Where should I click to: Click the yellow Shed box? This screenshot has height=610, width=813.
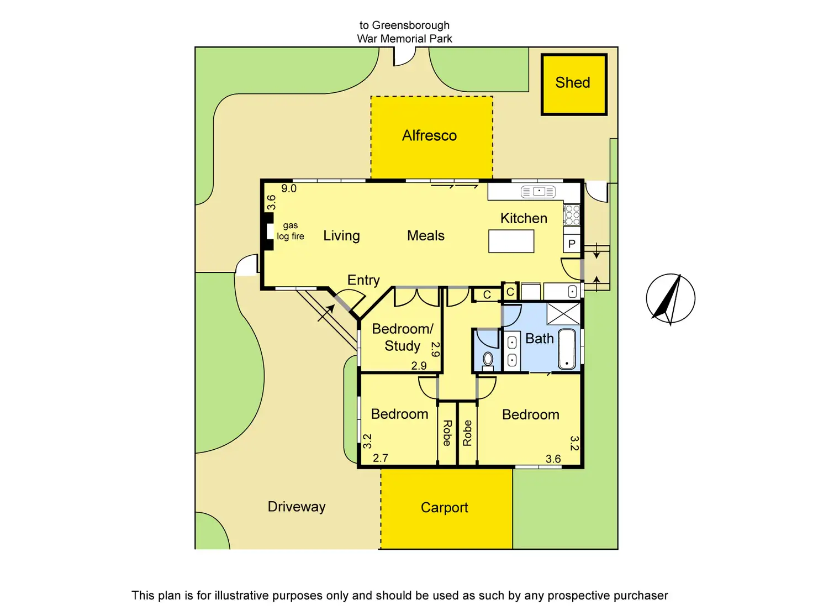pyautogui.click(x=573, y=84)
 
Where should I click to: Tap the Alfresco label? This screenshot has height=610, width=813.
pyautogui.click(x=429, y=136)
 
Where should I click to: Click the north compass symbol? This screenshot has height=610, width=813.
pyautogui.click(x=671, y=299)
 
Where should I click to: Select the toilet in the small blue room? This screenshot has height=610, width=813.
pyautogui.click(x=488, y=360)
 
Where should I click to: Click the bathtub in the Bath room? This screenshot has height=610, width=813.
pyautogui.click(x=567, y=349)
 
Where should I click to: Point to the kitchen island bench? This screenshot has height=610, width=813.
pyautogui.click(x=511, y=241)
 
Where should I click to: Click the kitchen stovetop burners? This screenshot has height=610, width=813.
pyautogui.click(x=572, y=214)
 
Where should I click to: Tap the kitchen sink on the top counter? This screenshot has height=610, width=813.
pyautogui.click(x=539, y=192)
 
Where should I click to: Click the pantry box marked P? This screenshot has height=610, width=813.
pyautogui.click(x=572, y=244)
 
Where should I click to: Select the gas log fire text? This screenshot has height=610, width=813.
pyautogui.click(x=291, y=231)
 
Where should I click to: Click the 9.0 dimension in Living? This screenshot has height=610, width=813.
pyautogui.click(x=289, y=189)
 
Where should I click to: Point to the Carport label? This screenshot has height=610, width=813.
pyautogui.click(x=444, y=508)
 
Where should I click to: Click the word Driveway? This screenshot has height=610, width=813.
pyautogui.click(x=297, y=507)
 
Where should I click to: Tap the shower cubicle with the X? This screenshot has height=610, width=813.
pyautogui.click(x=563, y=313)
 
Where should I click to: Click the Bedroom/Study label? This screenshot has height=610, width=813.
pyautogui.click(x=403, y=337)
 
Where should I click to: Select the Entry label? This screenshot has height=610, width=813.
pyautogui.click(x=363, y=280)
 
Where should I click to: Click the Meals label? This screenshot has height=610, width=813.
pyautogui.click(x=425, y=236)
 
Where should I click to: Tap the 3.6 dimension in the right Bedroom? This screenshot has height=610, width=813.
pyautogui.click(x=553, y=459)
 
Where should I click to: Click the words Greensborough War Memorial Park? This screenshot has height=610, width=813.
pyautogui.click(x=404, y=32)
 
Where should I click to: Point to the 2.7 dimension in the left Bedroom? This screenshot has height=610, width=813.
pyautogui.click(x=381, y=458)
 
